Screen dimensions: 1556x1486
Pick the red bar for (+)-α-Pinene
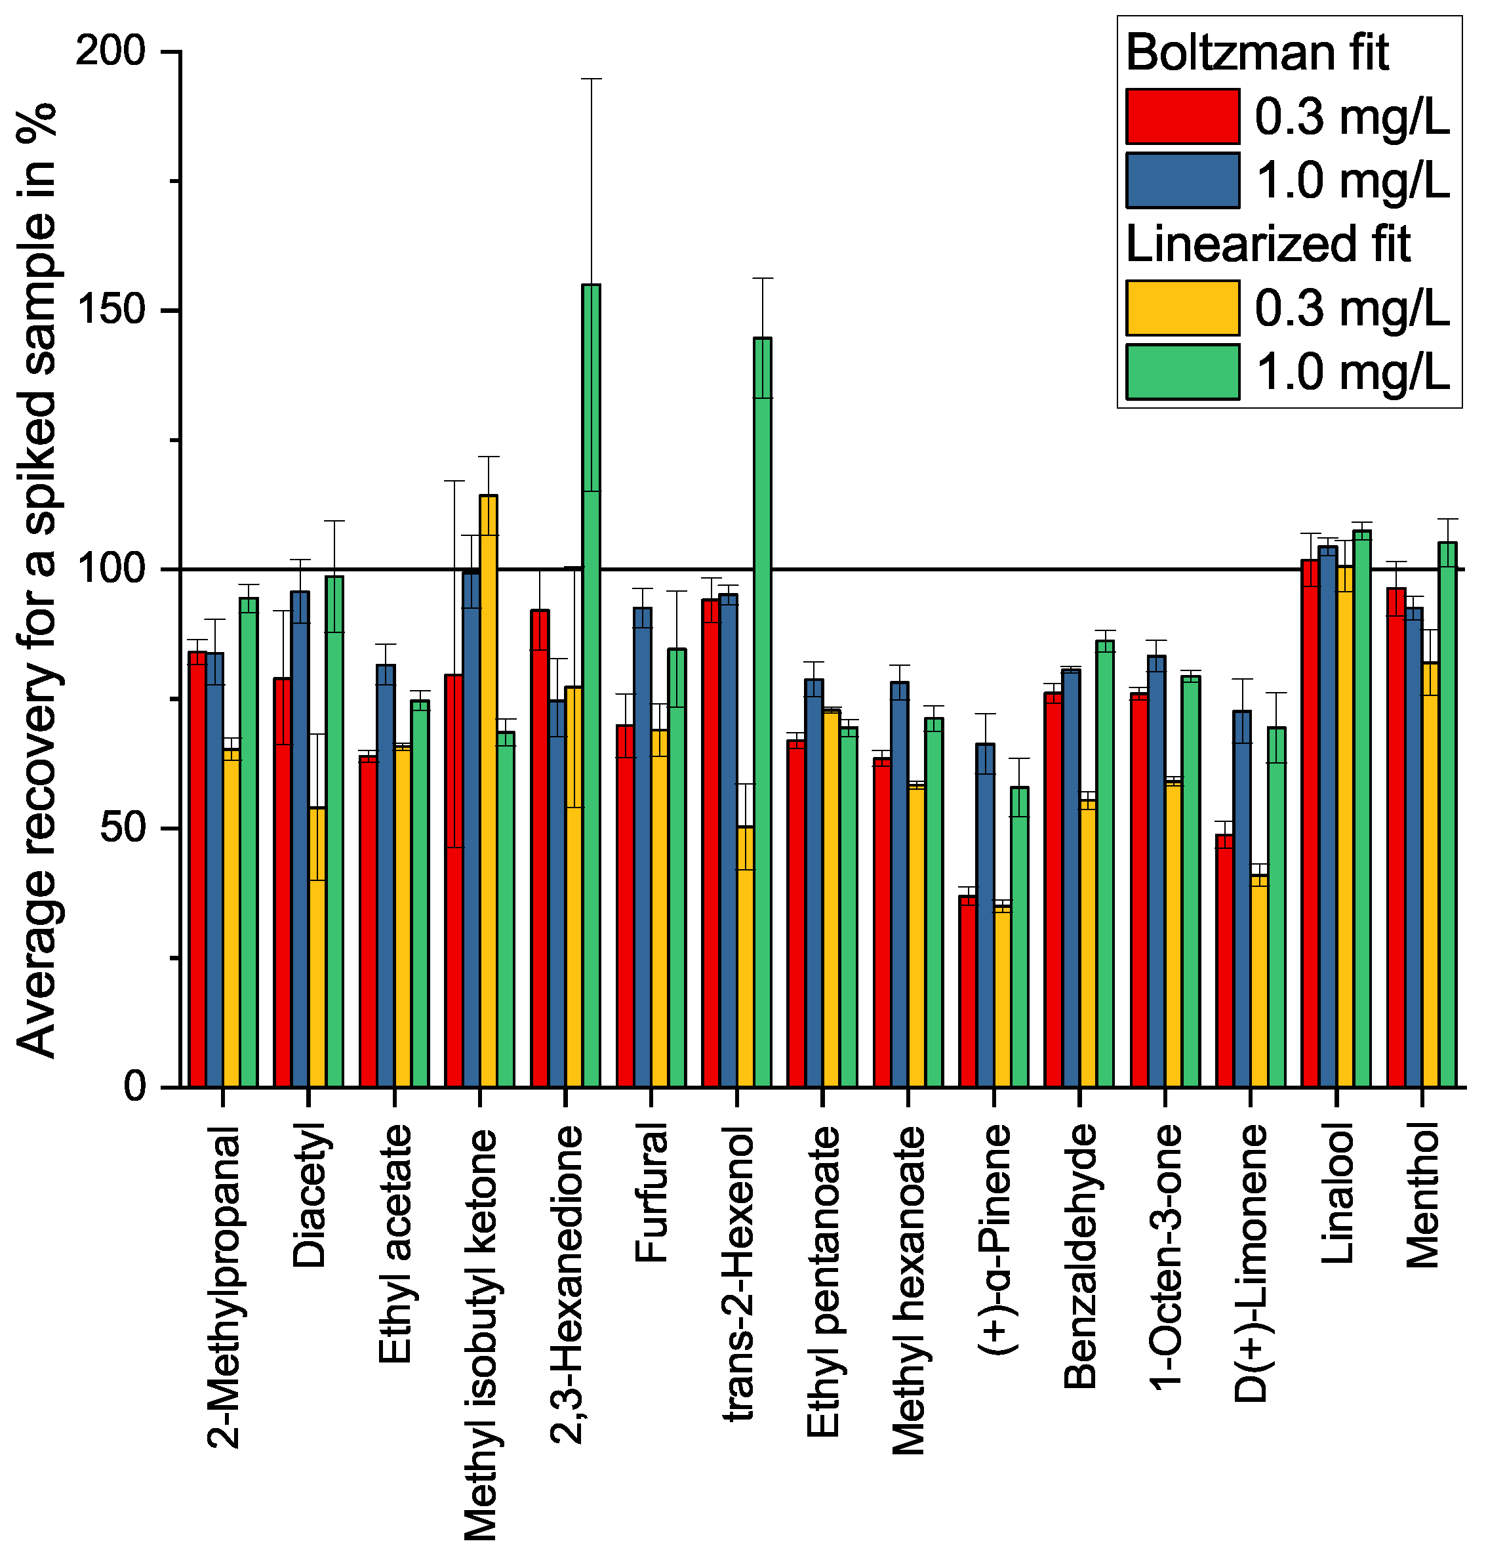[967, 991]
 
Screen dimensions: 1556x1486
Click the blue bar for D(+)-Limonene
[1242, 899]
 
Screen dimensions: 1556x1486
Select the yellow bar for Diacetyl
[317, 947]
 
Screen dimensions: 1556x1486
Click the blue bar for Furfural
[643, 847]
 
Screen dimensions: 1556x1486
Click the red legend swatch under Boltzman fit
[1182, 117]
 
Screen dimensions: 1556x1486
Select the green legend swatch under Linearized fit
[1182, 371]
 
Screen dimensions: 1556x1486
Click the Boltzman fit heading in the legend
[1257, 52]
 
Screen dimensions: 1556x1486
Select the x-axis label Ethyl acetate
[393, 1244]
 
